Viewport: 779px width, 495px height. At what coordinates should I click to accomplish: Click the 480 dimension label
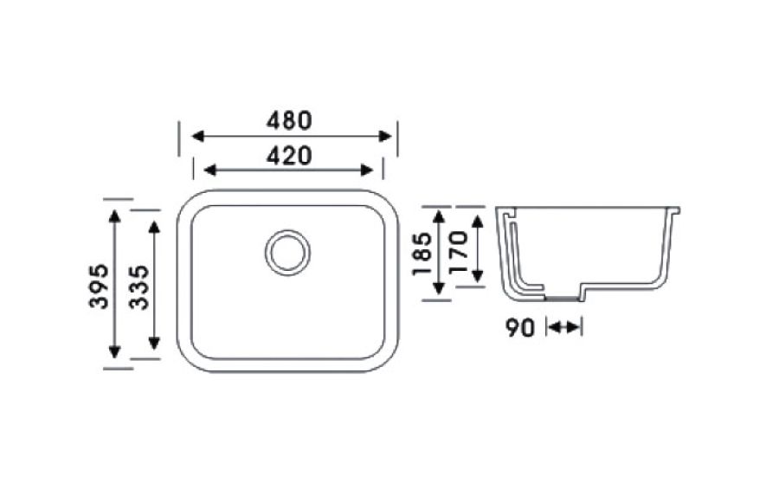[289, 120]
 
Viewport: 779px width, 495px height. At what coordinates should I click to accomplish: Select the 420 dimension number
[289, 156]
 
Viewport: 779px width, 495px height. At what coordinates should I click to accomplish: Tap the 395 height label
[99, 286]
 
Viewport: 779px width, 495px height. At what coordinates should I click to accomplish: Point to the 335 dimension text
[138, 287]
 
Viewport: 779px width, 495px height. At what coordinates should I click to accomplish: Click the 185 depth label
[422, 254]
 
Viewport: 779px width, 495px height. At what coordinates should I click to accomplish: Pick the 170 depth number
[458, 252]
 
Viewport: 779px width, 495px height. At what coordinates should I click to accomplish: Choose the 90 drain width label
[520, 328]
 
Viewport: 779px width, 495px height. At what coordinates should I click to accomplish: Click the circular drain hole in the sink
[287, 252]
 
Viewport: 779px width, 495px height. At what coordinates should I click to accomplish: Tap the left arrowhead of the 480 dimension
[197, 136]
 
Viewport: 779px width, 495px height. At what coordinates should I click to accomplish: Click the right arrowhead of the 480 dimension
[385, 136]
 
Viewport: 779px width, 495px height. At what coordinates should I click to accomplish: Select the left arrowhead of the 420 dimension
[210, 170]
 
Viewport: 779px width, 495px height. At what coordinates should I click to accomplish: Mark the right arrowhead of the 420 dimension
[367, 170]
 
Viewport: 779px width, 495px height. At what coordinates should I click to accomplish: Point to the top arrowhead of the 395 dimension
[115, 216]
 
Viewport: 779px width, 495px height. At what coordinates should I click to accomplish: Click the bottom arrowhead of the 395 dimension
[115, 351]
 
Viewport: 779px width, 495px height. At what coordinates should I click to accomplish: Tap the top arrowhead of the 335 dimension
[155, 228]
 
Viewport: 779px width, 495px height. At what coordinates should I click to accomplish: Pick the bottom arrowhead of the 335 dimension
[155, 343]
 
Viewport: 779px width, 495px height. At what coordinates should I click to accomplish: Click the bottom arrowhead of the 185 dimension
[439, 287]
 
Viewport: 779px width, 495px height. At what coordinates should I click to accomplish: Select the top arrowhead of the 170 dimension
[478, 221]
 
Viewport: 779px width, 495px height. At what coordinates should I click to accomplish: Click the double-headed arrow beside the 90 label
[563, 327]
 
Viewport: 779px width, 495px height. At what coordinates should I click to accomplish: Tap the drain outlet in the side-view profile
[563, 298]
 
